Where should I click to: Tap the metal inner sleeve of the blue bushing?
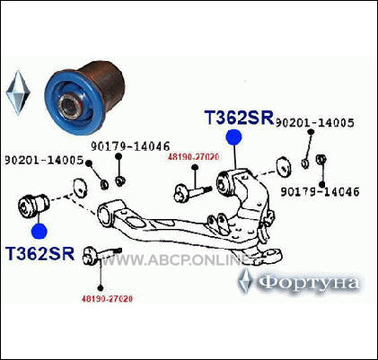[70, 105]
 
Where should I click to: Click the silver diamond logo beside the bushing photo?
[18, 92]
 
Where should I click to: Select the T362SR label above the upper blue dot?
[239, 117]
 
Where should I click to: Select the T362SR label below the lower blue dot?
[40, 253]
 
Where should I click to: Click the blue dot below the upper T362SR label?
[233, 137]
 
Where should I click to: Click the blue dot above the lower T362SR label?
[40, 231]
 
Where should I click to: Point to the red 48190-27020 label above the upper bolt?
[193, 156]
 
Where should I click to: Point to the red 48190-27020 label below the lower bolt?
[107, 299]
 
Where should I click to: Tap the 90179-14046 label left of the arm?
[130, 146]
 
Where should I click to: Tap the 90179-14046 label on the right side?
[320, 192]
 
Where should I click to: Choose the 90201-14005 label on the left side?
[44, 161]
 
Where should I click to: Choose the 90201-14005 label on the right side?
[314, 123]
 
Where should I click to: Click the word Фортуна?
[308, 283]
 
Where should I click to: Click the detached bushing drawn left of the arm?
[33, 206]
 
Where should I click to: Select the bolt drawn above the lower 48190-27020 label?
[102, 255]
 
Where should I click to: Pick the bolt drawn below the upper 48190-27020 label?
[193, 192]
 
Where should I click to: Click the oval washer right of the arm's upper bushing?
[284, 166]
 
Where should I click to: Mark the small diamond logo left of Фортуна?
[245, 281]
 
